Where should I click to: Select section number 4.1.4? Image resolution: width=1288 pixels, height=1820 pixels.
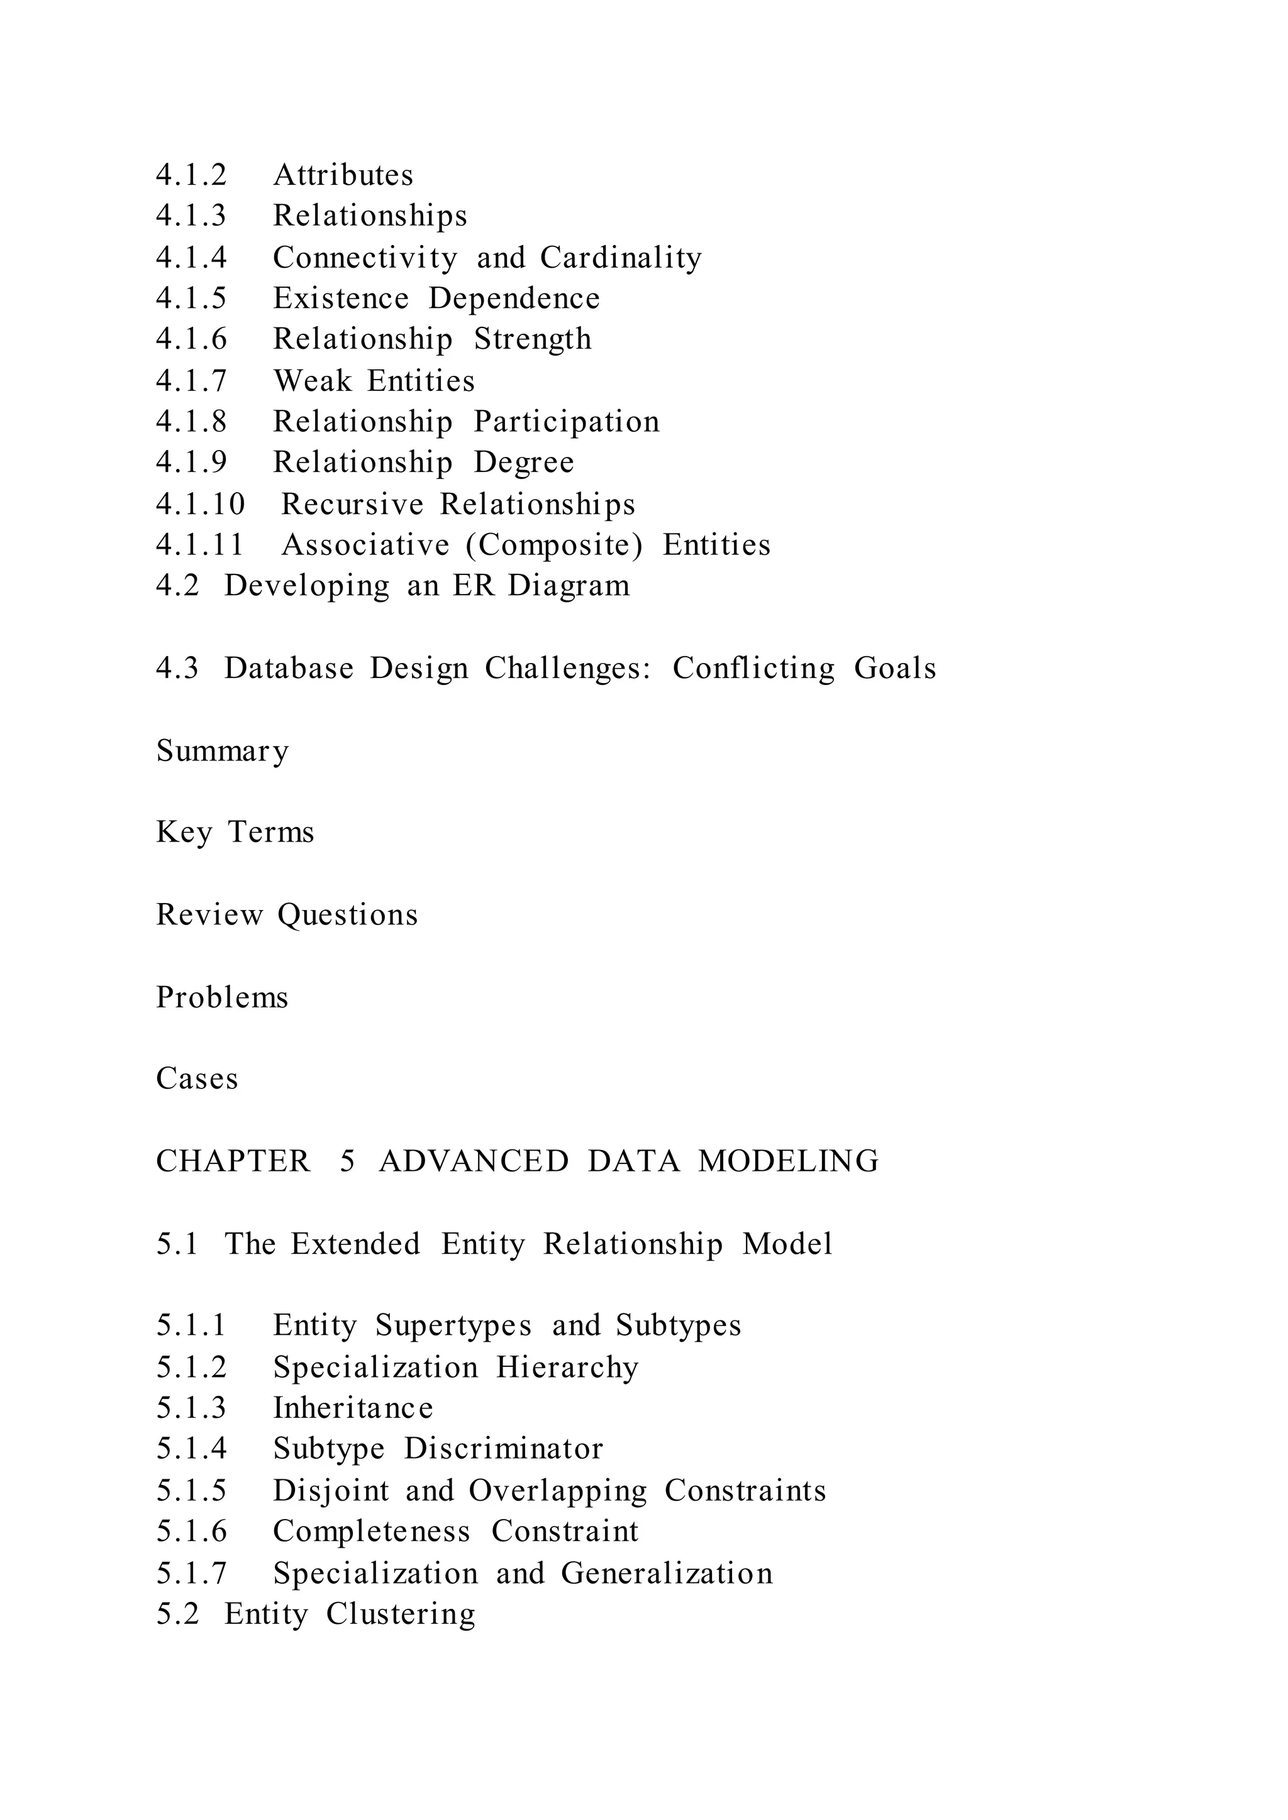click(x=191, y=258)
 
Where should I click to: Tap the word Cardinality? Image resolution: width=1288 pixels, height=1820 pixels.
click(x=621, y=258)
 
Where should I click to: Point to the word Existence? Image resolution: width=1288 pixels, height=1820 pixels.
click(x=341, y=299)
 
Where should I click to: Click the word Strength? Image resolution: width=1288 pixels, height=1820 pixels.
click(x=532, y=339)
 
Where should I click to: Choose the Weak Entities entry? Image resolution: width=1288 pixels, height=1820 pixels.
click(x=374, y=381)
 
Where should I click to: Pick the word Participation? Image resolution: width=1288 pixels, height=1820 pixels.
click(x=566, y=422)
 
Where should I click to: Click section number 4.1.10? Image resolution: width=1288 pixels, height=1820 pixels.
click(x=200, y=504)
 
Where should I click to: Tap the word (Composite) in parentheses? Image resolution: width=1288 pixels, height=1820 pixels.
click(x=553, y=545)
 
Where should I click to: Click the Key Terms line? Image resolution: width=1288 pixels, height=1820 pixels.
click(x=235, y=832)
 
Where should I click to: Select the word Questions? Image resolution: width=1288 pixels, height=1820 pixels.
click(x=347, y=916)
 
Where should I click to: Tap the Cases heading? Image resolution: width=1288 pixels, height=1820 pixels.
click(x=197, y=1079)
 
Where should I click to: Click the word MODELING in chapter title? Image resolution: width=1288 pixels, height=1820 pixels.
click(x=789, y=1161)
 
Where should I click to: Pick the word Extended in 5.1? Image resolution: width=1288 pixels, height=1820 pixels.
click(x=355, y=1244)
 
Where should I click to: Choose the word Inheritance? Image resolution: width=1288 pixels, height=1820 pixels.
click(x=353, y=1408)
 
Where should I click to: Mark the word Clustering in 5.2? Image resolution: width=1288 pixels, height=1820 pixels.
click(x=401, y=1614)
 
